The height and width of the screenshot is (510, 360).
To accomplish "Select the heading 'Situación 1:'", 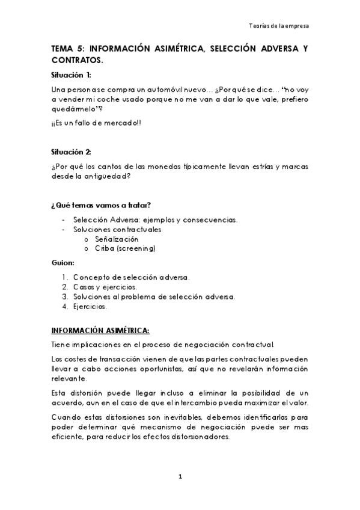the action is (x=72, y=75).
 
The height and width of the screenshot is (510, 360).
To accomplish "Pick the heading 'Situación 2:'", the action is (x=72, y=152).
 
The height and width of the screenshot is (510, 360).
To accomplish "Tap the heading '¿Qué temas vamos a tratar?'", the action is (x=97, y=205).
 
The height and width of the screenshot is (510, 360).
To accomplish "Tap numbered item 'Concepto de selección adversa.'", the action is (x=132, y=277).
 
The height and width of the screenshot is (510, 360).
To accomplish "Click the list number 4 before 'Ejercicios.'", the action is (x=64, y=306).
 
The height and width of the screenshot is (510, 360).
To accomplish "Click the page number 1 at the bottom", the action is (x=180, y=477).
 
